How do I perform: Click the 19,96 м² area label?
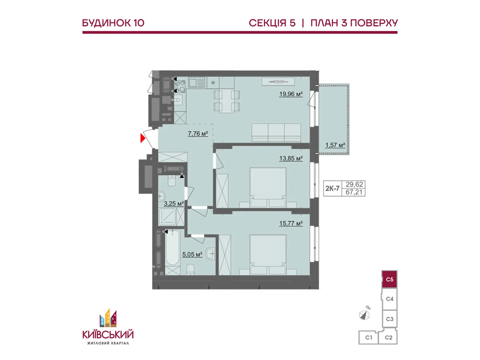tap(291, 94)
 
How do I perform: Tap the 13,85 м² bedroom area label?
tap(291, 158)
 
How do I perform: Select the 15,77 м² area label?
tap(291, 223)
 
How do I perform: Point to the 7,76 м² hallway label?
tap(198, 133)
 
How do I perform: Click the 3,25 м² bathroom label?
tap(174, 204)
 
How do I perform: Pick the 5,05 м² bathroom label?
tap(192, 254)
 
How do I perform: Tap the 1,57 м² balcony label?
tap(335, 145)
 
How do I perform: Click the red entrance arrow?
tap(142, 138)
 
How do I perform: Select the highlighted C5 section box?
tap(389, 279)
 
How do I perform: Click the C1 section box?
tap(368, 337)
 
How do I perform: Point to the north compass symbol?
tap(364, 314)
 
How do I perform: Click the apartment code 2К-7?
tap(332, 188)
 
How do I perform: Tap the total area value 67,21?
tap(354, 192)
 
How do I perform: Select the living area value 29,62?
tap(354, 184)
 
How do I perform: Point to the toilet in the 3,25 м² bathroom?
tap(171, 181)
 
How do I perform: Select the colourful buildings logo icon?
tap(108, 318)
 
